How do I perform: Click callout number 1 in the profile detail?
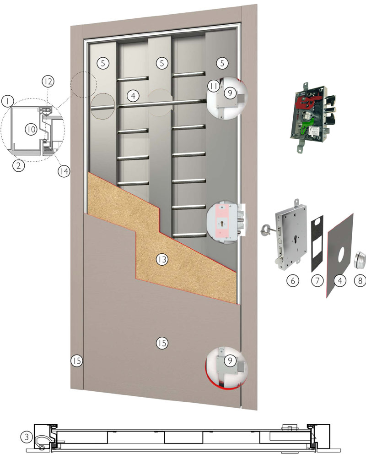point(8,101)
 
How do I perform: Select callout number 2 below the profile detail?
point(19,165)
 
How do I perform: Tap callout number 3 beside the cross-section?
point(27,437)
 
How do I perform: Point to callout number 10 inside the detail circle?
point(31,129)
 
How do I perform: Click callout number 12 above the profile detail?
point(48,81)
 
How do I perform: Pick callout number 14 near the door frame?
point(64,171)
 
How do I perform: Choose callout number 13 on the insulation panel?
point(162,259)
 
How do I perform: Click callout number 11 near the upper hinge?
point(213,86)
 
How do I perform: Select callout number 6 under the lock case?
point(293,280)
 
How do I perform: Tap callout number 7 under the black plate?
point(317,280)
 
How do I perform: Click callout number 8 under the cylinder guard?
point(360,280)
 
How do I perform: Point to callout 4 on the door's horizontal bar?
point(133,96)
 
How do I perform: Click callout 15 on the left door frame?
point(76,361)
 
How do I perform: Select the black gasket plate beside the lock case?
point(317,243)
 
